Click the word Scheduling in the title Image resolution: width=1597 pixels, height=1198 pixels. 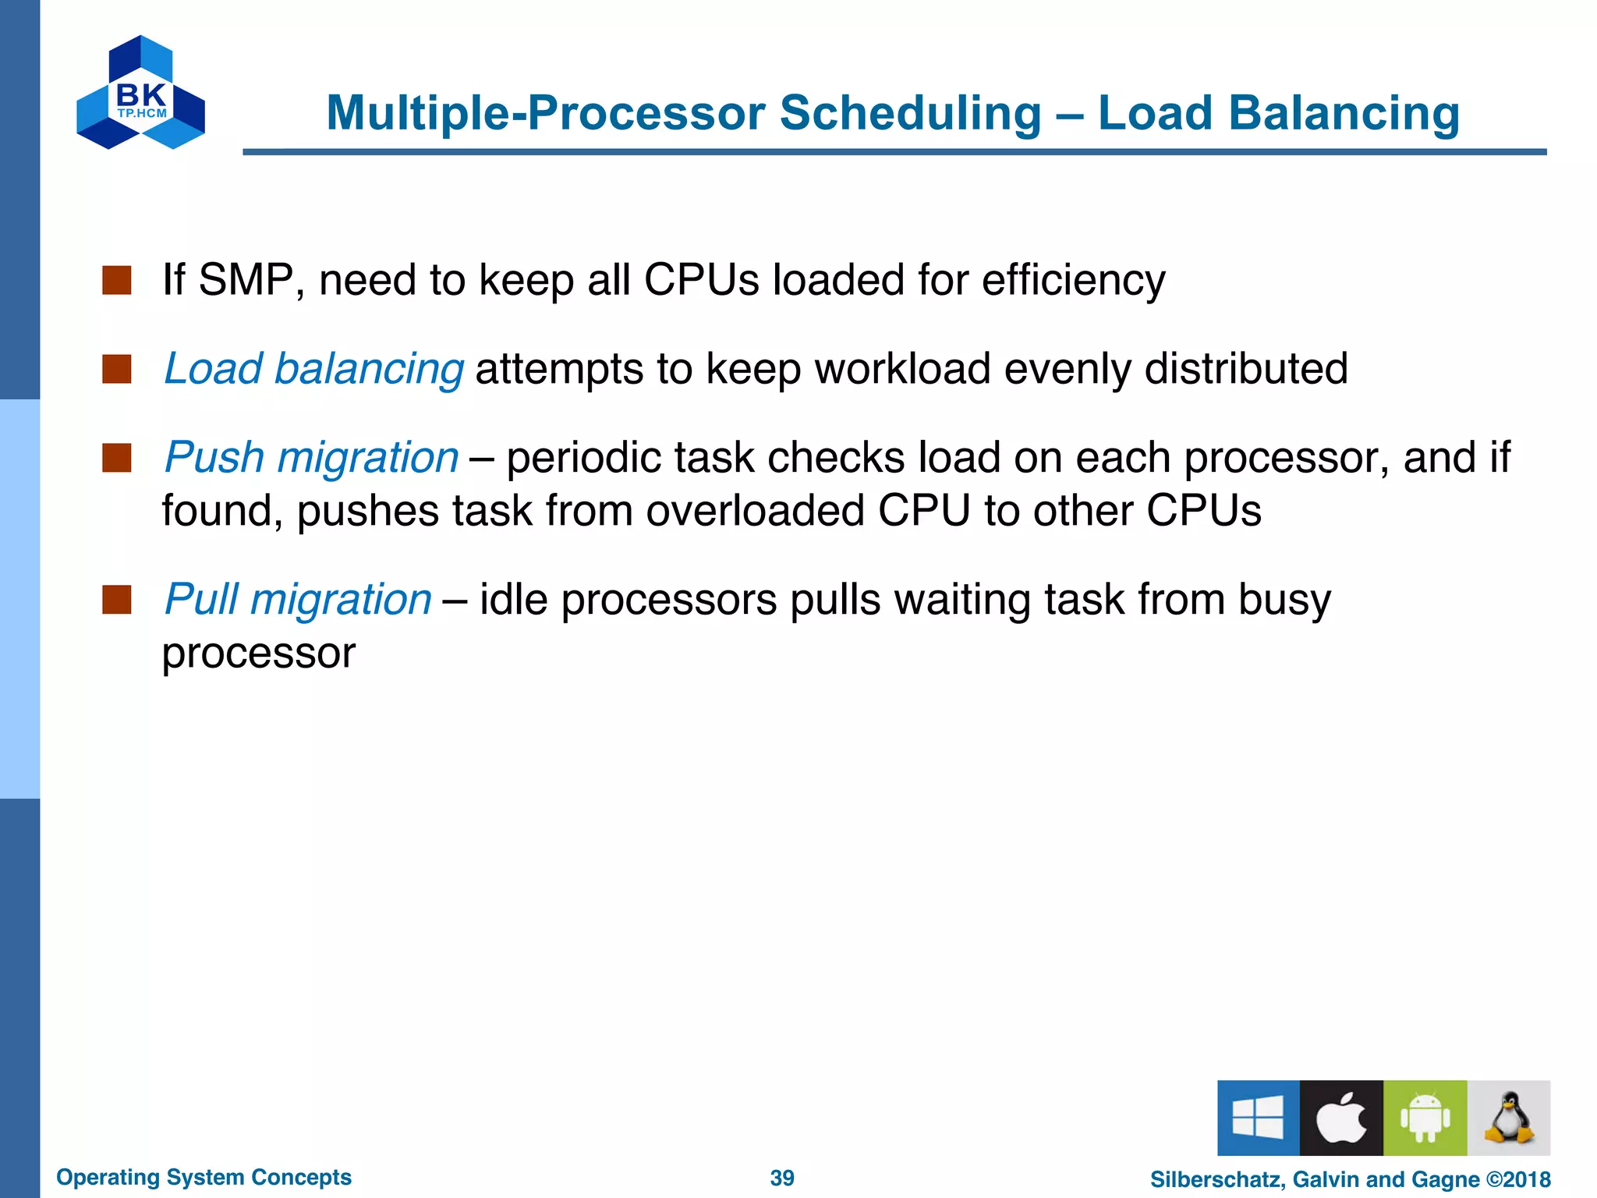pos(910,113)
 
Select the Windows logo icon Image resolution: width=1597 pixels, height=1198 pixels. pos(1258,1118)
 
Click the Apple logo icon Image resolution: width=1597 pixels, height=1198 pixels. pos(1341,1118)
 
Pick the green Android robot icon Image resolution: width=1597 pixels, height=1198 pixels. pos(1425,1118)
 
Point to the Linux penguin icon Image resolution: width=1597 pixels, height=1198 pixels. pos(1509,1118)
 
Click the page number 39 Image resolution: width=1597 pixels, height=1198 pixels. pos(782,1178)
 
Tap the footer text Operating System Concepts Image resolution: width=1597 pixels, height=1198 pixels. pos(204,1177)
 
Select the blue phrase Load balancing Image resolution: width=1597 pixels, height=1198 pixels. pos(313,368)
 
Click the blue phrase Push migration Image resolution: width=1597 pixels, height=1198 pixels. pos(311,457)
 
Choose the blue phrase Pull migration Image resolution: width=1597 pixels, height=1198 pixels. pos(298,599)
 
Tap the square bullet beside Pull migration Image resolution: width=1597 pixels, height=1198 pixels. pos(117,600)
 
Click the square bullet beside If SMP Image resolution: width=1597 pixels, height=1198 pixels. pos(117,280)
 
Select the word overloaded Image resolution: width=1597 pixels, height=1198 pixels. pos(755,511)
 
